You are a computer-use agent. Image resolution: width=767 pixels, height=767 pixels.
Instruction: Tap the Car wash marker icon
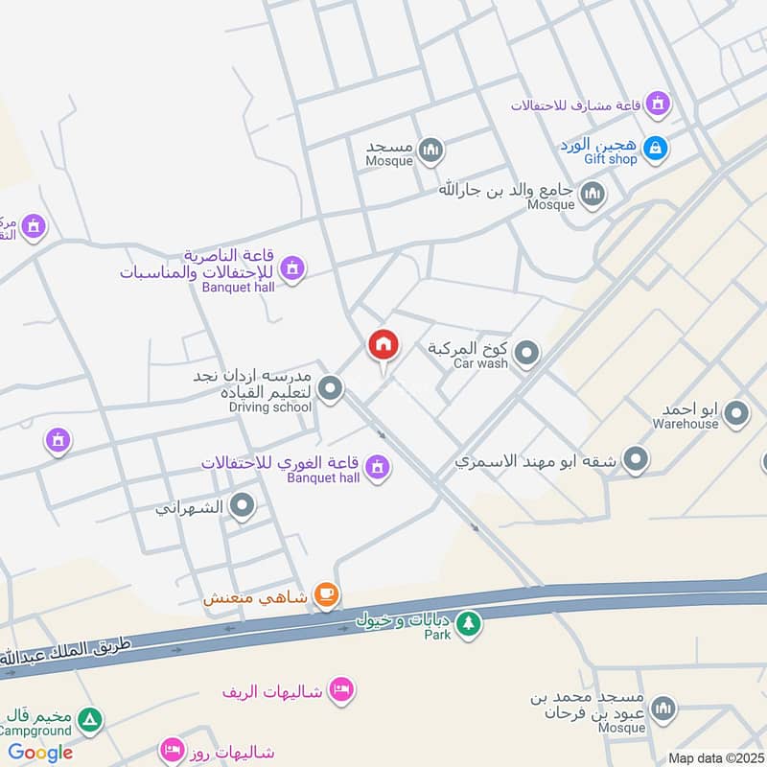[525, 357]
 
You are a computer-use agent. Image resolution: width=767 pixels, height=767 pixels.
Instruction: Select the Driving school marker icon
[330, 389]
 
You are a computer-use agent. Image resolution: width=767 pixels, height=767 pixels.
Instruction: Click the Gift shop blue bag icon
[656, 149]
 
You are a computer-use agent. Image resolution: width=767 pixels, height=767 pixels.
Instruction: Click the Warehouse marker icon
[736, 414]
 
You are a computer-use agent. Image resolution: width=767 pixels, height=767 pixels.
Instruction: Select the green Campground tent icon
[89, 719]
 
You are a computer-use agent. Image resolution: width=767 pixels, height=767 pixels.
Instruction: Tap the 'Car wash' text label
[480, 364]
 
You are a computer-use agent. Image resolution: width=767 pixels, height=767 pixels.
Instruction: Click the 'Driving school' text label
[270, 407]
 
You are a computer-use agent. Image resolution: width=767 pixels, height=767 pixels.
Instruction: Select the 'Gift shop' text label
[610, 159]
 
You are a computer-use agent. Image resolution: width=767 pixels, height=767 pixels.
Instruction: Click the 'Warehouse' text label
[686, 423]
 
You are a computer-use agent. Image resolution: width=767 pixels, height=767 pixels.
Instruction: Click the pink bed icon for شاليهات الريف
[341, 689]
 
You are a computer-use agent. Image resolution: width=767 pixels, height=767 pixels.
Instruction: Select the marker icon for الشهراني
[243, 506]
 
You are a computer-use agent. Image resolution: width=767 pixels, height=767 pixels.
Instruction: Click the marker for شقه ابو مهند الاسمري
[635, 461]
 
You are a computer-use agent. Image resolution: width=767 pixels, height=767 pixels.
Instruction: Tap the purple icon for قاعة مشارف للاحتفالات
[657, 103]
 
